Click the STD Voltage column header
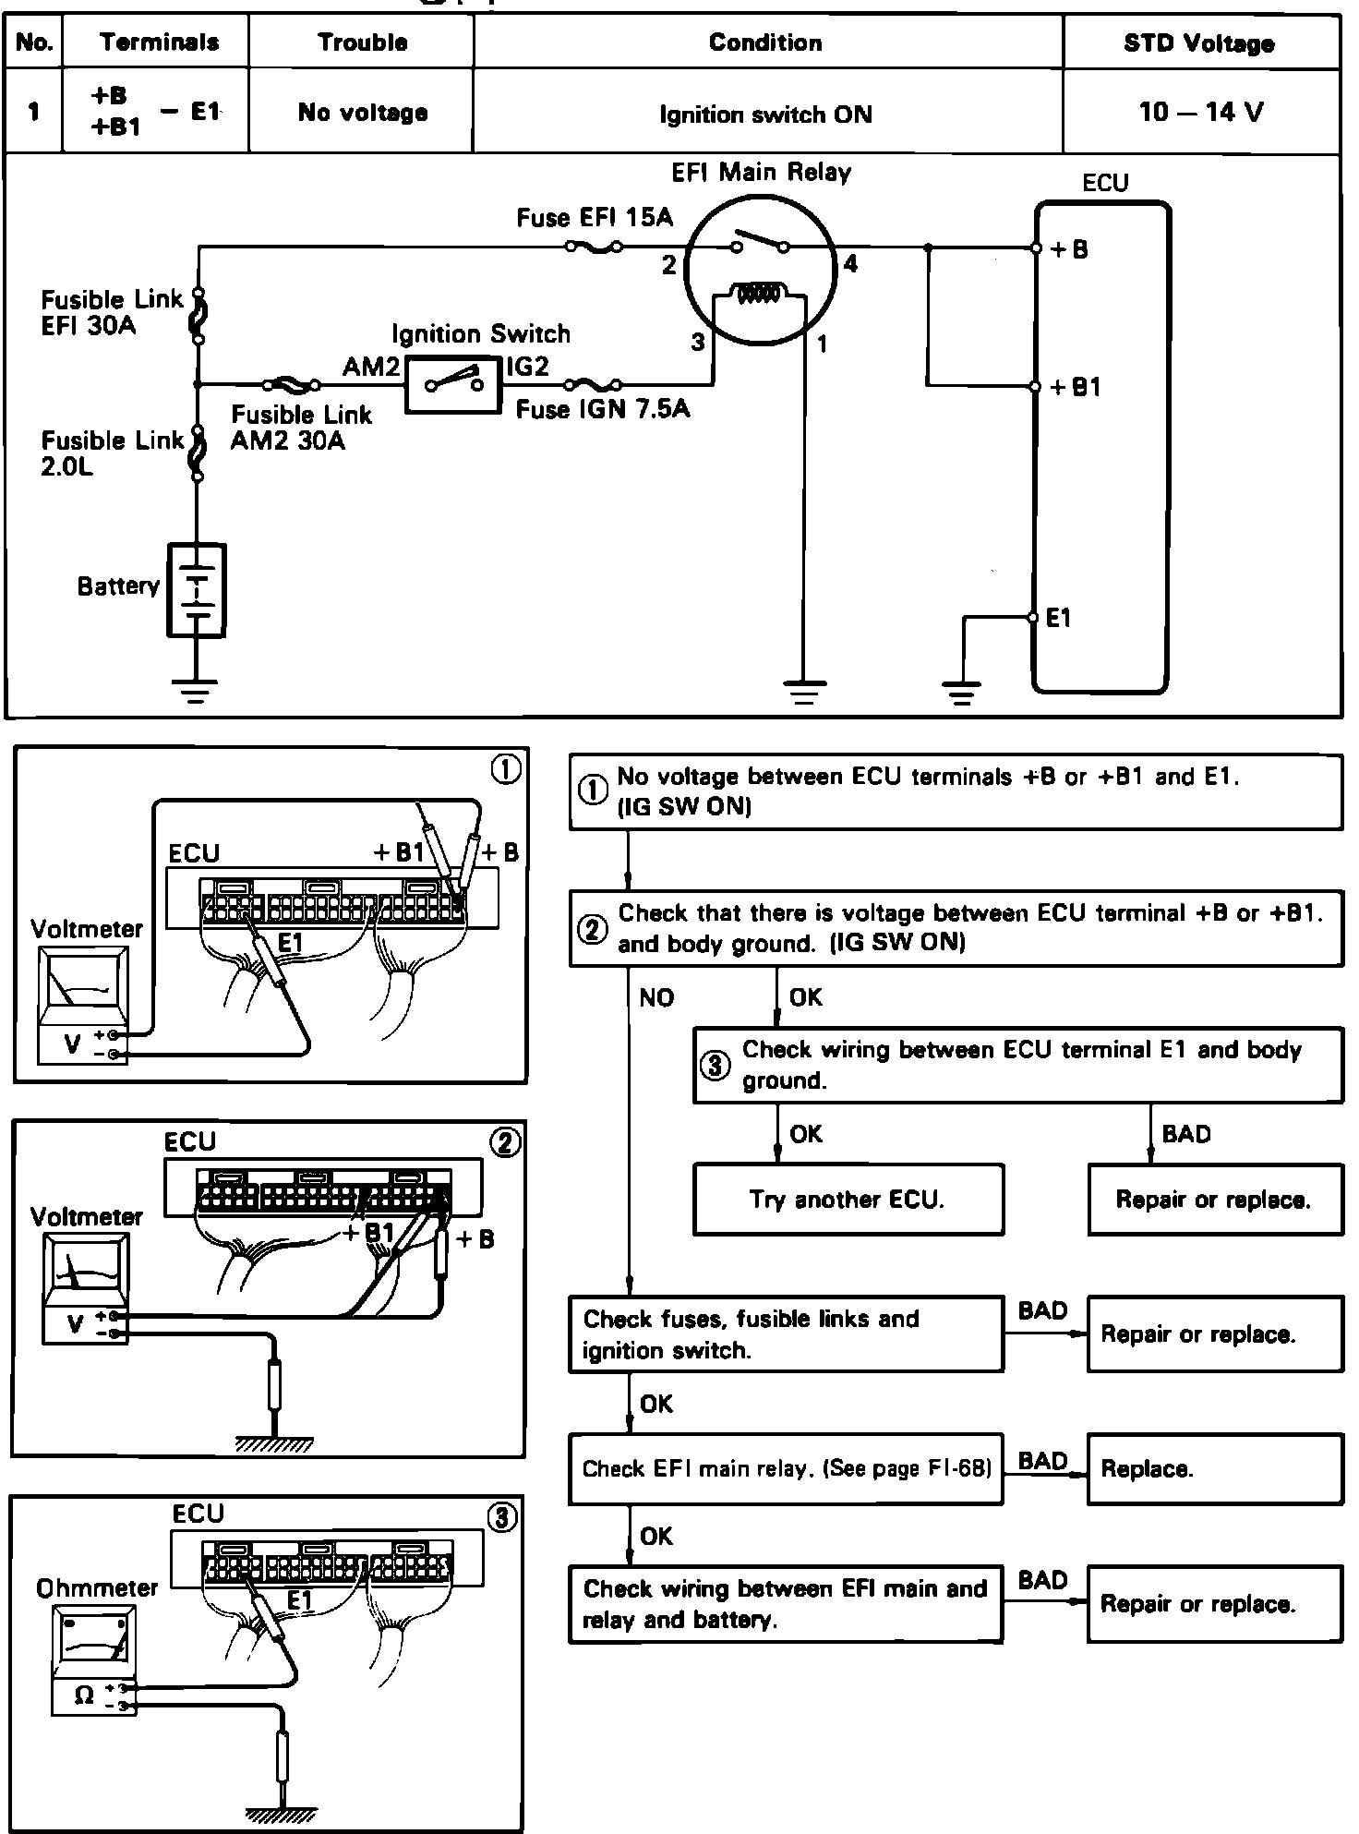tap(1199, 43)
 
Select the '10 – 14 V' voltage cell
tap(1200, 113)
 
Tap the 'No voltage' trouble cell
tap(362, 113)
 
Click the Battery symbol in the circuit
tap(196, 590)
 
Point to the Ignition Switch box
tap(451, 383)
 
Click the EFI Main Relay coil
tap(758, 294)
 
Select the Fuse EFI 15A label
tap(595, 218)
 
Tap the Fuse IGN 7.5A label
tap(602, 409)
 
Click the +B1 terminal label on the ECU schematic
tap(1076, 387)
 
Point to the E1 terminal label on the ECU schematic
tap(1059, 618)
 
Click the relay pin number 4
tap(849, 264)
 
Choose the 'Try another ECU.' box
tap(847, 1200)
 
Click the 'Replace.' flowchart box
tap(1214, 1468)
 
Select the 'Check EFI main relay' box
tap(786, 1468)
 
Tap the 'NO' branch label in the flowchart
tap(656, 997)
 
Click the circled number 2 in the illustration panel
tap(504, 1142)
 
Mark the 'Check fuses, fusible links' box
tap(786, 1333)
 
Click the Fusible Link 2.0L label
tap(112, 452)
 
